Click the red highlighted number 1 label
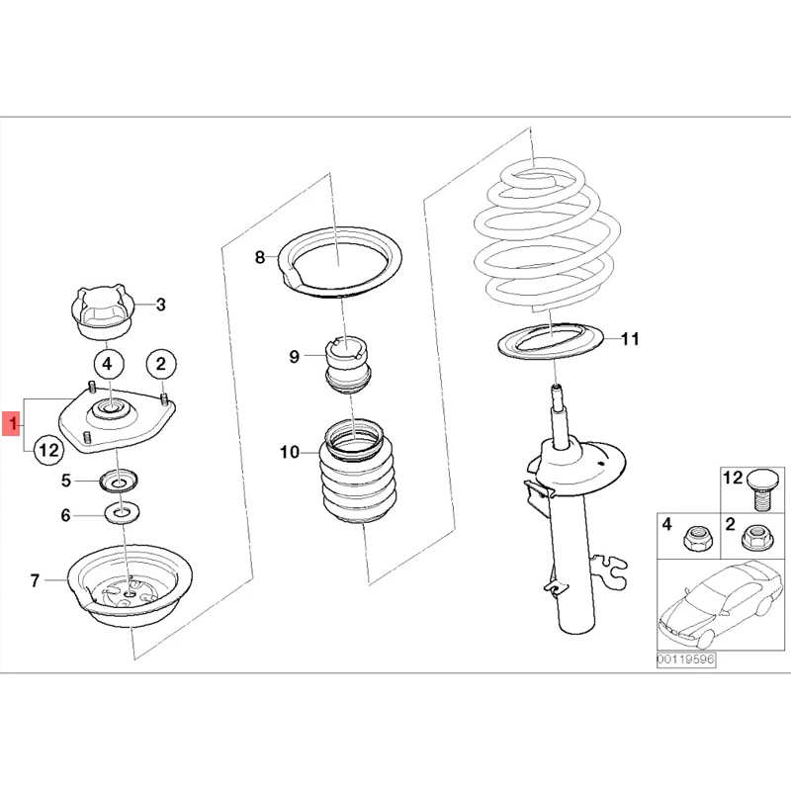(x=12, y=424)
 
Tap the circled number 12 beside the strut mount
(x=49, y=450)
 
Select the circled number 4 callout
(x=108, y=364)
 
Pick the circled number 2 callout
(x=161, y=364)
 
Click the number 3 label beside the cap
(x=161, y=305)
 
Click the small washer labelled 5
(x=120, y=482)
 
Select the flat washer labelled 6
(x=122, y=514)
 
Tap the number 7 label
(x=35, y=580)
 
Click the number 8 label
(x=259, y=258)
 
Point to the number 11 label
(x=630, y=338)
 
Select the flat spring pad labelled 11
(x=551, y=341)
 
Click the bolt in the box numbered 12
(x=761, y=489)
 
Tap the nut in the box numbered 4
(x=697, y=538)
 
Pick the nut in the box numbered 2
(x=756, y=538)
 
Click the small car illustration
(x=722, y=604)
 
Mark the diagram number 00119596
(x=685, y=659)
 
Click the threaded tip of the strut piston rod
(x=556, y=390)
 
